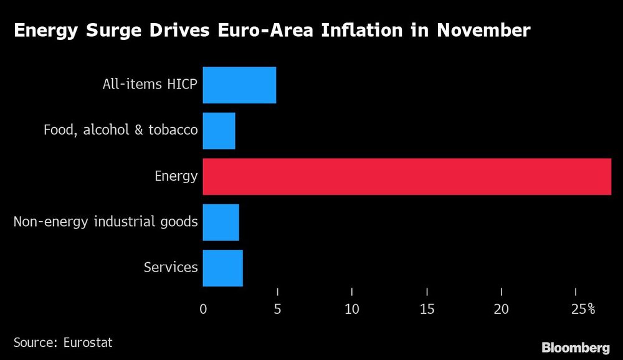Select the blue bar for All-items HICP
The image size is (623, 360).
(x=239, y=85)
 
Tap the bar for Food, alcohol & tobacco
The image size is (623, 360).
(x=219, y=131)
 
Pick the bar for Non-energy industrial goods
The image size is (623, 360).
(x=221, y=222)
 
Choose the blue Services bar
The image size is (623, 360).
(x=222, y=268)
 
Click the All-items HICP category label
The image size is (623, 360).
(x=150, y=85)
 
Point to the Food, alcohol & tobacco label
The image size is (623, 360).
(x=120, y=130)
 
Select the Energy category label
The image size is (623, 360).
(x=176, y=176)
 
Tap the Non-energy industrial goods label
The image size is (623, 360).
(x=106, y=222)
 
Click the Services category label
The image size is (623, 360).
(x=171, y=268)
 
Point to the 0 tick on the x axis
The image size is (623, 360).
(x=203, y=309)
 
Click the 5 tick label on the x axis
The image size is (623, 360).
(x=277, y=309)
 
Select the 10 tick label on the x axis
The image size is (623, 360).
(x=352, y=309)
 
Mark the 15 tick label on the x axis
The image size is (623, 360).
(x=427, y=309)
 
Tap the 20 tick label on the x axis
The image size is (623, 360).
(x=502, y=309)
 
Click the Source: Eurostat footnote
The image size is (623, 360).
(x=63, y=342)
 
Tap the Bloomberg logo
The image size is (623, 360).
(x=575, y=347)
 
